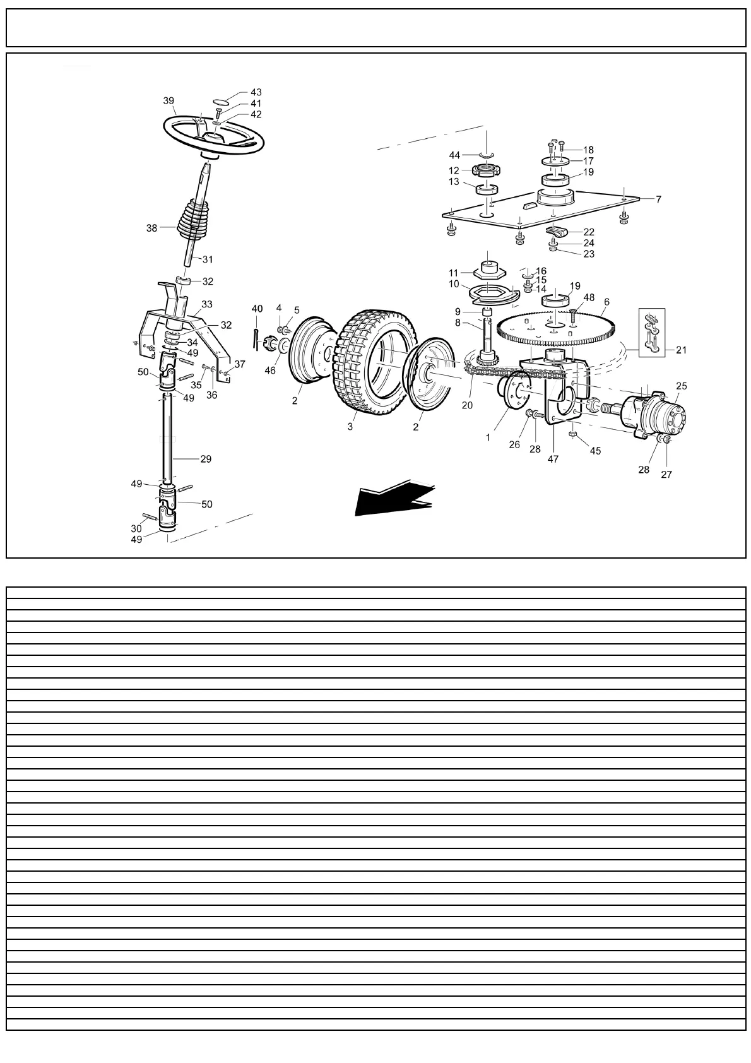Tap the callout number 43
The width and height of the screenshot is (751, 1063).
point(256,92)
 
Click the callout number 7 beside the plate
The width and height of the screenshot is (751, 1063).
point(658,199)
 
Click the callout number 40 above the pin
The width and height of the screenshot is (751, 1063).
point(257,309)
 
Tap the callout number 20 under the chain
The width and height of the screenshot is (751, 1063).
point(467,405)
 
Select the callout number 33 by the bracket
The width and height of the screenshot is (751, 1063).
point(207,304)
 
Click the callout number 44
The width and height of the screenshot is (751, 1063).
point(454,155)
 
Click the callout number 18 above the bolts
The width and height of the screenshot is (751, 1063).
point(588,150)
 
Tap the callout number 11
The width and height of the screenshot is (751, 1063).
point(453,272)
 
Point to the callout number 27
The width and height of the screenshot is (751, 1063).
point(666,475)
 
